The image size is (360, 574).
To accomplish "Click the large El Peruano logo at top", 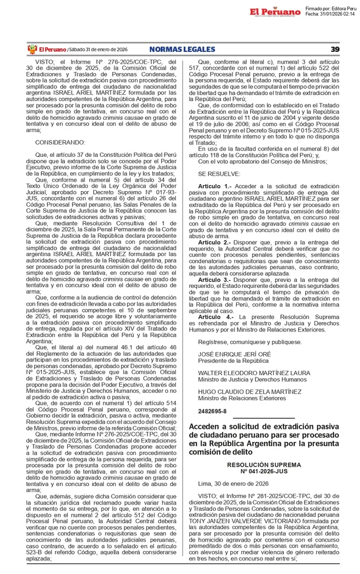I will point(275,11).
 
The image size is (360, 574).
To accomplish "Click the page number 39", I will point(335,49).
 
